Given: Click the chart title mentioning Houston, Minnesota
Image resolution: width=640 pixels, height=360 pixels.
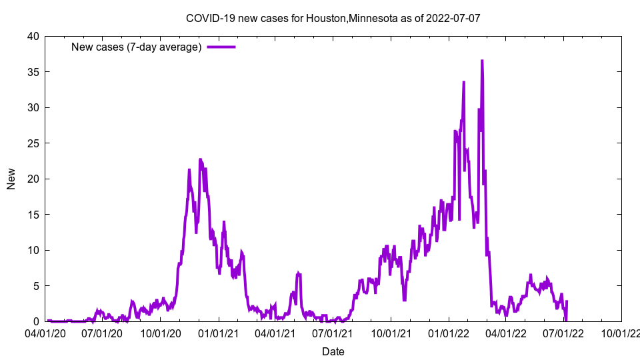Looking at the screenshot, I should tap(333, 18).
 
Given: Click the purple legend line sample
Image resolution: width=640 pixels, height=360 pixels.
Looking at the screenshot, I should tap(221, 47).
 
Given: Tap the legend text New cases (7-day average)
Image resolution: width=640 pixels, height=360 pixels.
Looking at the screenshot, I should tap(136, 47).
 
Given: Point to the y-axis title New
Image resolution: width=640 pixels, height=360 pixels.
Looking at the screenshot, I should tap(11, 179).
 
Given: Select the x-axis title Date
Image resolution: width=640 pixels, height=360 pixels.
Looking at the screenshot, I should tap(333, 351).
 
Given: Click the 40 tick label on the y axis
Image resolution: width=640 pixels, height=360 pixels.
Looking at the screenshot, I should tap(33, 36).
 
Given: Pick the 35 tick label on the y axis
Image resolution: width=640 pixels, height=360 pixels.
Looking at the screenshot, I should tap(33, 72).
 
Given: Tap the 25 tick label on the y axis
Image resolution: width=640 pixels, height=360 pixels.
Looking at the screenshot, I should tap(33, 143).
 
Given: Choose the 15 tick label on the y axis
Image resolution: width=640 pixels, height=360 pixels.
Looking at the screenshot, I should tap(33, 215).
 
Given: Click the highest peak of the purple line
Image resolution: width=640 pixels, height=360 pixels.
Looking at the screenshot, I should tap(482, 61).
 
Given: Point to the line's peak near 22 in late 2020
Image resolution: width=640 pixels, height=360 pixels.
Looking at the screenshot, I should tap(200, 160).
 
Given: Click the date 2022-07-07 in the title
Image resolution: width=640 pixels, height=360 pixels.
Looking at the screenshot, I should tap(455, 18).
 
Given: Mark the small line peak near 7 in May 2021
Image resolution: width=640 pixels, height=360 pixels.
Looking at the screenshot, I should tap(299, 273).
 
